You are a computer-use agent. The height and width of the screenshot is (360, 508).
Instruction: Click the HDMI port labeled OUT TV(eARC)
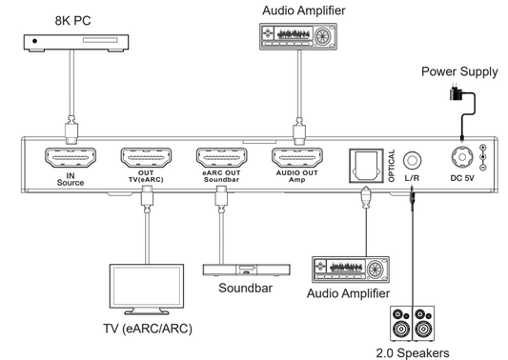[145, 157]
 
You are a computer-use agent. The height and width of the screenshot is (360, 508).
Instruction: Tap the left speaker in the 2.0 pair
[399, 324]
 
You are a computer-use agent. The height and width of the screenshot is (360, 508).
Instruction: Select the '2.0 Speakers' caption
[413, 352]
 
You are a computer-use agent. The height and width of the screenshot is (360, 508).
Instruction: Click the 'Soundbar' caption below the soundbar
[237, 290]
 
